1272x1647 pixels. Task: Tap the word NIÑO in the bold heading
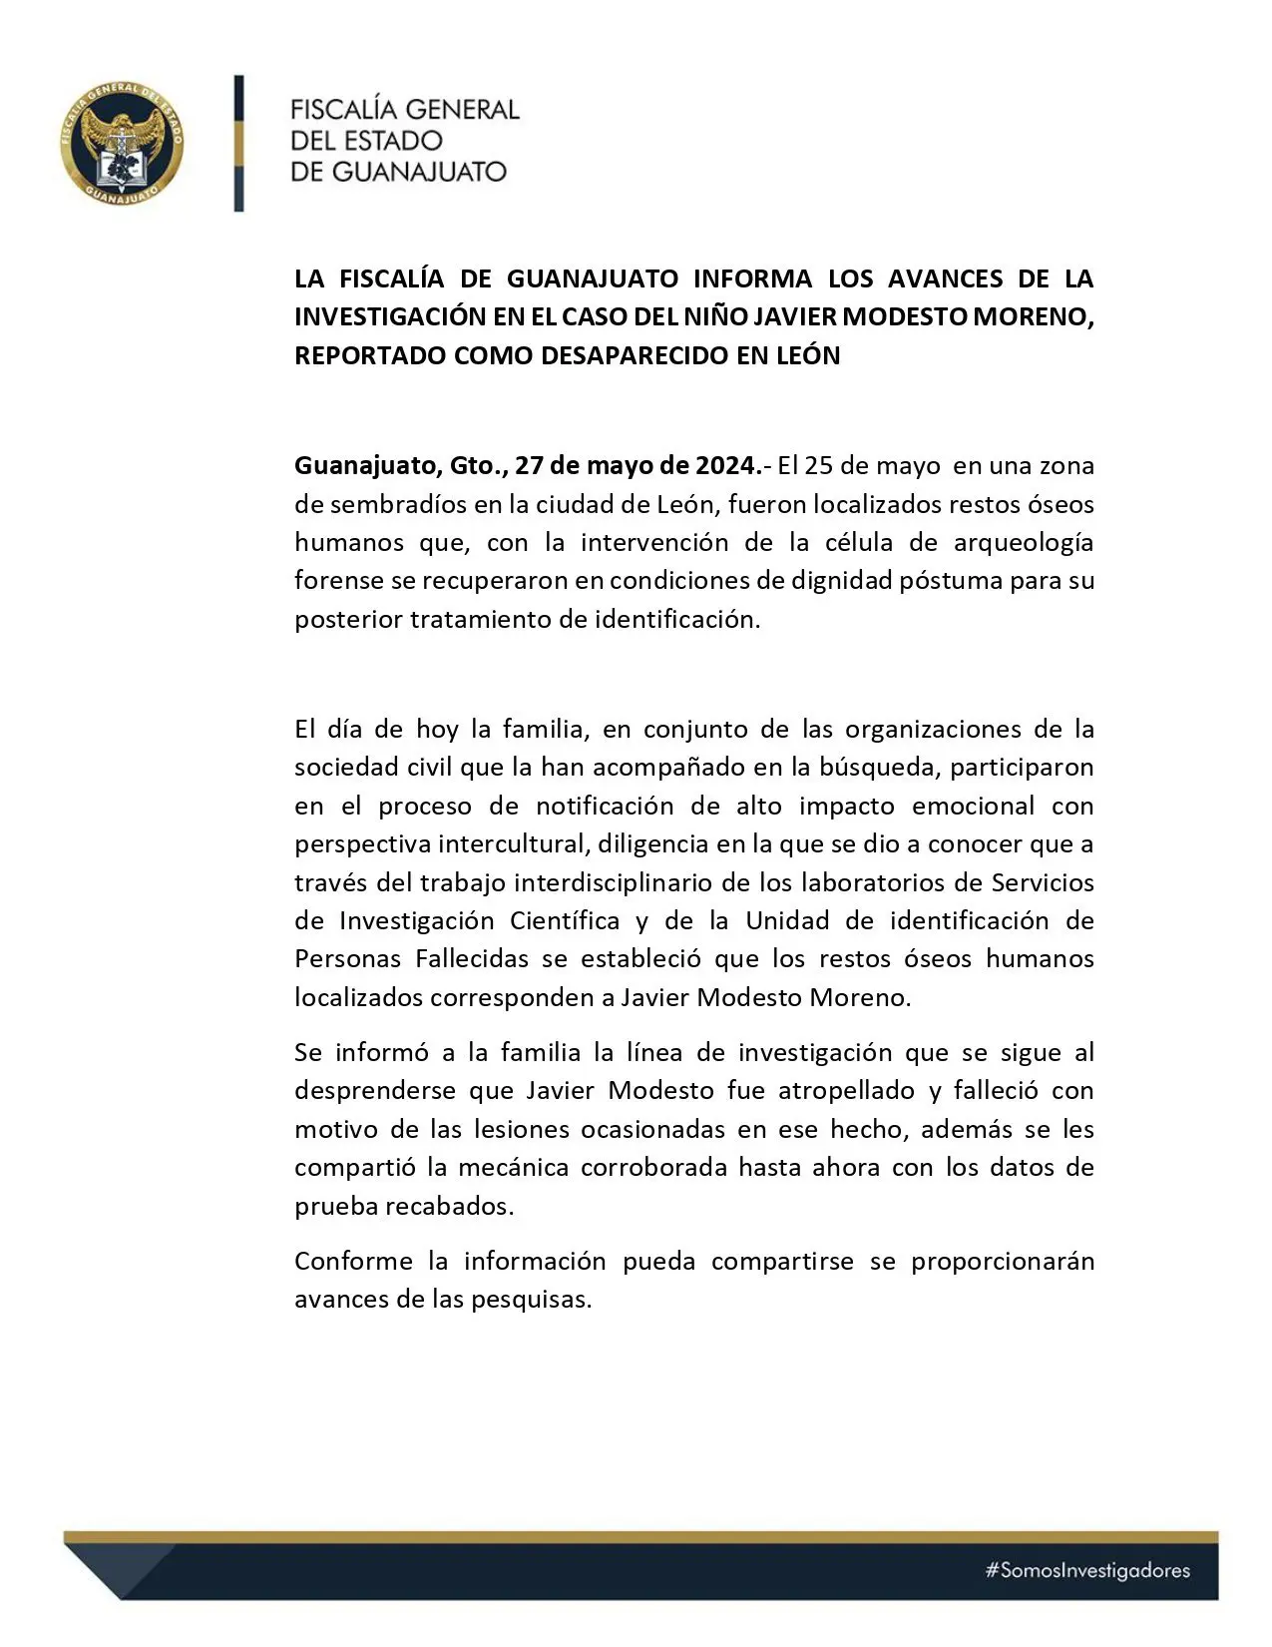(x=713, y=316)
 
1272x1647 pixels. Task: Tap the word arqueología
(x=1024, y=542)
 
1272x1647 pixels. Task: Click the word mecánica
(x=513, y=1167)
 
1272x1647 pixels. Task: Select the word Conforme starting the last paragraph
(x=352, y=1261)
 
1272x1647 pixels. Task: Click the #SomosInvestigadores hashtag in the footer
(x=1087, y=1570)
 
